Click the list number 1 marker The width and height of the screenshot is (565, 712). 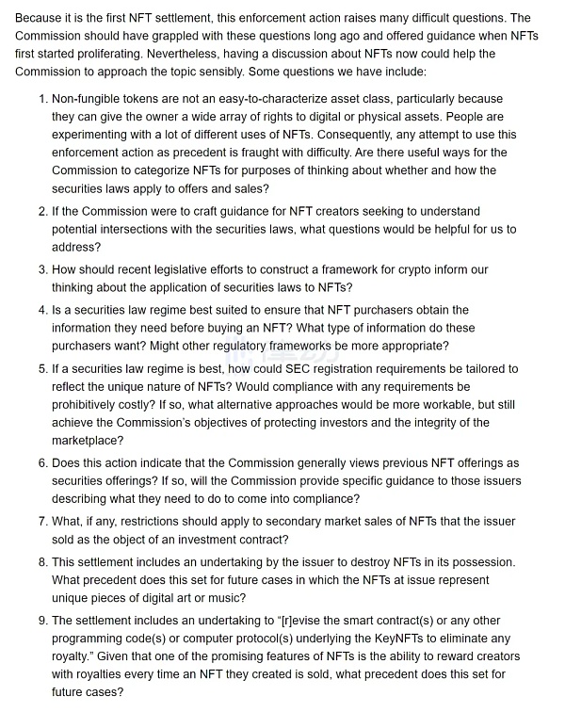pos(42,99)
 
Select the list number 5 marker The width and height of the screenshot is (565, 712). pos(42,369)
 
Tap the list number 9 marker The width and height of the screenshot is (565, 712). pos(42,621)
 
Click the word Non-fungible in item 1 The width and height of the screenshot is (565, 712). pos(89,99)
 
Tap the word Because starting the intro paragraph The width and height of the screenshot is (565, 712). pos(41,18)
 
